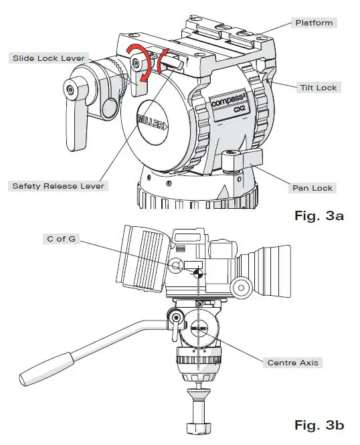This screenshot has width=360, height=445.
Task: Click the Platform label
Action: (314, 23)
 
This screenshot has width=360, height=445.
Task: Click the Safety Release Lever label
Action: (58, 186)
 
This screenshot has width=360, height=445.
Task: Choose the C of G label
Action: (57, 238)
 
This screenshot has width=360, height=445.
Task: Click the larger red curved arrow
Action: (138, 64)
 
